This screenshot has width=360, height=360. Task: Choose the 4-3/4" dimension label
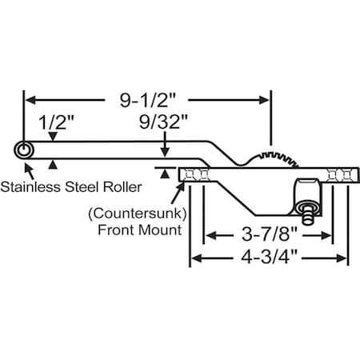pyautogui.click(x=268, y=259)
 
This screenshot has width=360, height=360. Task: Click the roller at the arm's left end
pyautogui.click(x=24, y=150)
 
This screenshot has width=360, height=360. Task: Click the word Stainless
pyautogui.click(x=30, y=188)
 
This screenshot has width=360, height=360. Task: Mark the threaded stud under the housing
pyautogui.click(x=308, y=214)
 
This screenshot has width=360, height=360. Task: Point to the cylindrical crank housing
pyautogui.click(x=307, y=193)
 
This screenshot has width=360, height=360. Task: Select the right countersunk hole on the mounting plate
pyautogui.click(x=342, y=175)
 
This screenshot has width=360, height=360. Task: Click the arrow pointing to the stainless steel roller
pyautogui.click(x=30, y=169)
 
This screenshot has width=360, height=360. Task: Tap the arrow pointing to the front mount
pyautogui.click(x=178, y=186)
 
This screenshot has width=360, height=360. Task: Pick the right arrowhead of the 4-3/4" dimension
pyautogui.click(x=344, y=259)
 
